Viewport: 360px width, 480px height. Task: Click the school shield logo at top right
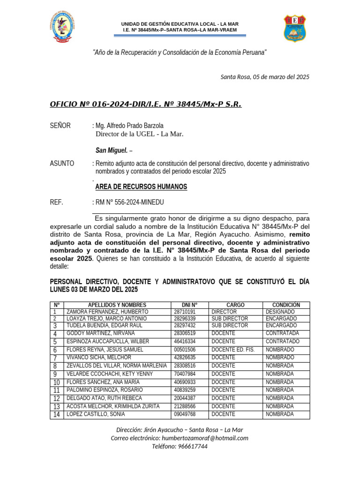coord(295,28)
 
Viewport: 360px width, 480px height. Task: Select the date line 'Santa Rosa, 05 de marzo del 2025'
coord(265,77)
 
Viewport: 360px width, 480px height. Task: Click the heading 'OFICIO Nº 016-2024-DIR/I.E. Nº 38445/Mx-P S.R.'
coord(145,104)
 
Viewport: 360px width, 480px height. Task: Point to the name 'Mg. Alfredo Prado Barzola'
coord(129,126)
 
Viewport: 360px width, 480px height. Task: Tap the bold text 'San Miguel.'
coord(112,150)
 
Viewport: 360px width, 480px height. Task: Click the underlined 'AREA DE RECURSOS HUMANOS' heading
coord(141,187)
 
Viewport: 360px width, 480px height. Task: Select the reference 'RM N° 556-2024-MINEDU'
coord(129,202)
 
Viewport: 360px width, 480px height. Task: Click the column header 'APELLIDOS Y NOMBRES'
coord(117,305)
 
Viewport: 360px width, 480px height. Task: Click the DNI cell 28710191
coord(185,312)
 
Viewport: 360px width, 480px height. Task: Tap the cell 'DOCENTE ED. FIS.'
coord(232,350)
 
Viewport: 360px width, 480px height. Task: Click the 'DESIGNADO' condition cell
coord(280,312)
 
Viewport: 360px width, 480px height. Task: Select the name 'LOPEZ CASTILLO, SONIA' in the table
coord(96,414)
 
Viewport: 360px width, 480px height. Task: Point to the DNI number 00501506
coord(185,350)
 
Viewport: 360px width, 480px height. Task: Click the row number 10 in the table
coord(57,382)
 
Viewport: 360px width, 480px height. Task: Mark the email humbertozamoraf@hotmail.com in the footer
coord(205,438)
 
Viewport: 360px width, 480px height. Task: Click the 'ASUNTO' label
coord(62,164)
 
